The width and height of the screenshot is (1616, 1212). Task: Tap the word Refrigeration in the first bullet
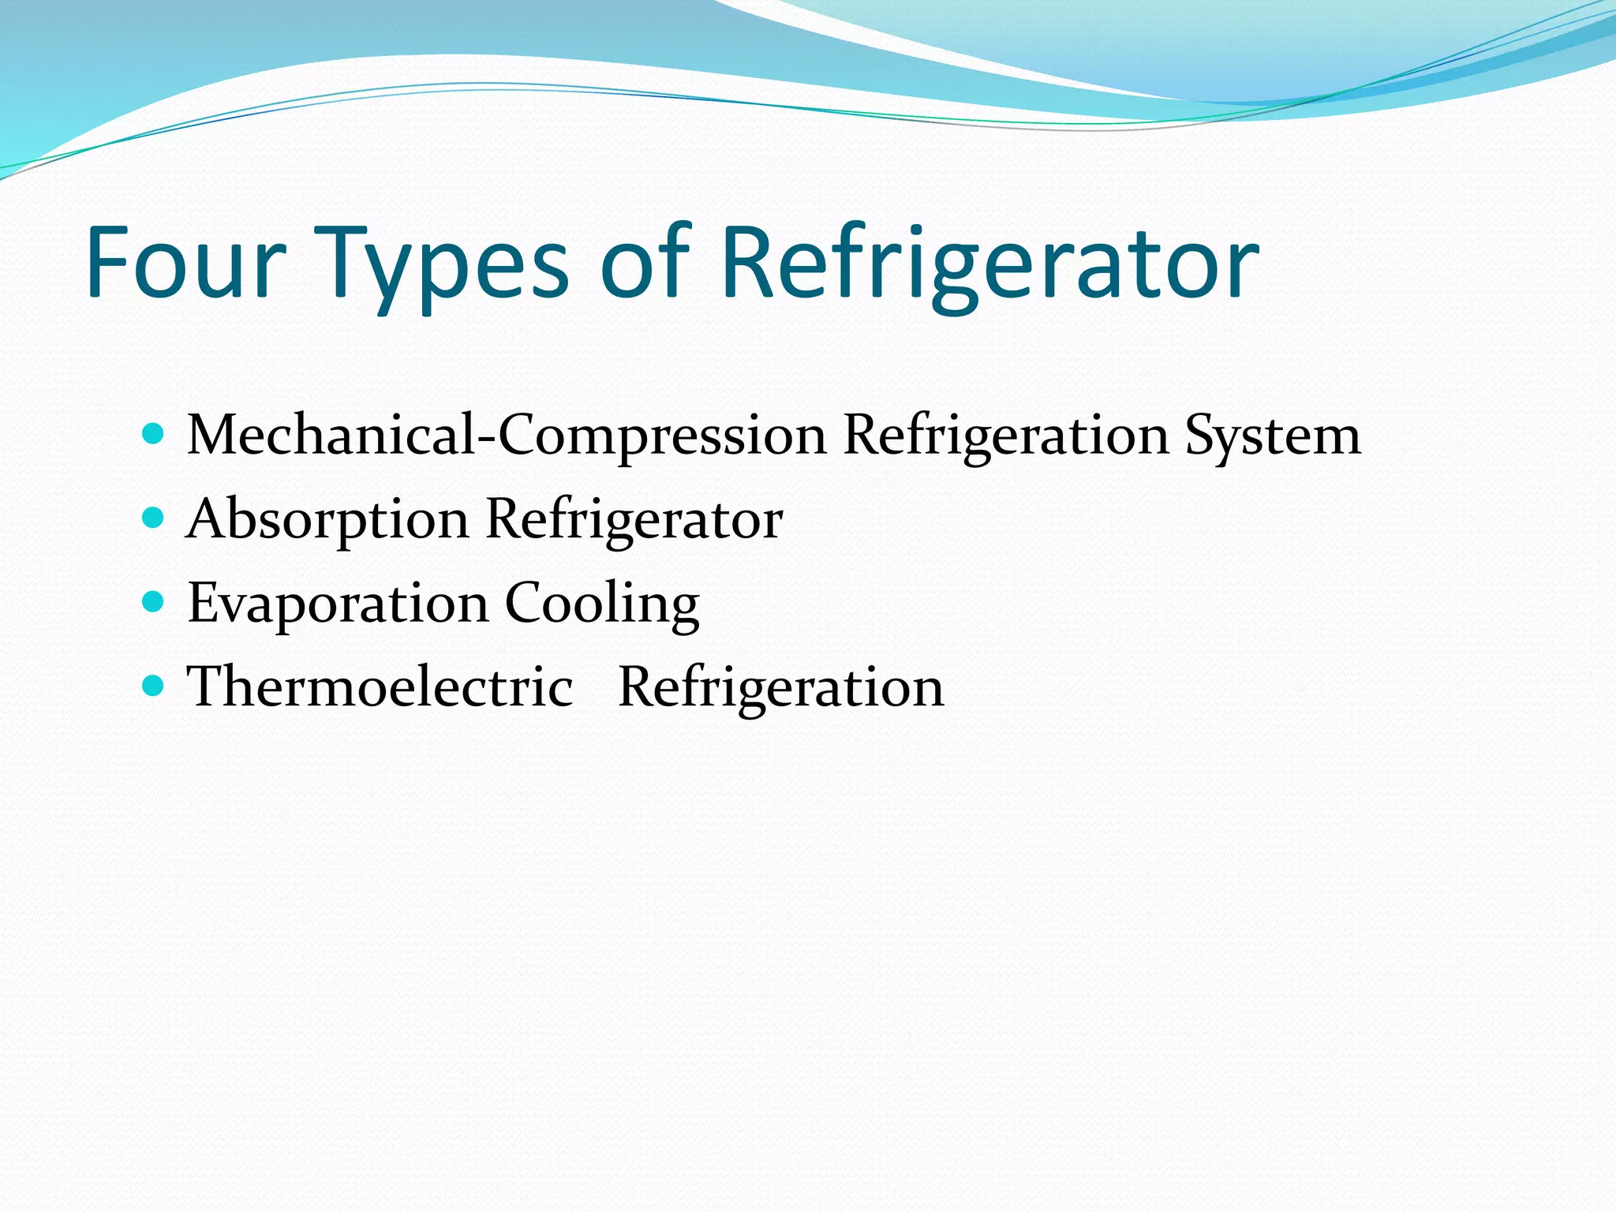[x=1005, y=437]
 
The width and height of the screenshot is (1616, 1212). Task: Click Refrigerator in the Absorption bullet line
[x=634, y=521]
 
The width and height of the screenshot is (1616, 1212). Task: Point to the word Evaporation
[x=338, y=604]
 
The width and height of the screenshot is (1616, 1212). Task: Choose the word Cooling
[x=601, y=604]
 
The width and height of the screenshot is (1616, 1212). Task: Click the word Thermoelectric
[x=380, y=686]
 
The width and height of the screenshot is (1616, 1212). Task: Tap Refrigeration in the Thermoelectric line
[x=780, y=688]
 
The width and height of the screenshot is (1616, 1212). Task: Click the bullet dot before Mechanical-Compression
[x=153, y=433]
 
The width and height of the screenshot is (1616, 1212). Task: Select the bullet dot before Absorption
[x=153, y=518]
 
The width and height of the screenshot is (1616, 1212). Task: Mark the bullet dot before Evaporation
[x=153, y=602]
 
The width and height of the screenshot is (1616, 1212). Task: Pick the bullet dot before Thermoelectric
[x=153, y=685]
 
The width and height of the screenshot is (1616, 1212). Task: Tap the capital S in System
[x=1201, y=435]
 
